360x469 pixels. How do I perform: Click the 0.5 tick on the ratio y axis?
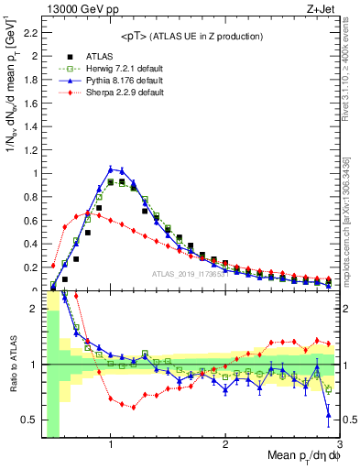(29, 420)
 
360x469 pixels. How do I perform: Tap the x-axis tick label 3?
(340, 445)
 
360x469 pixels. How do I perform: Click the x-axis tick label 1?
(111, 445)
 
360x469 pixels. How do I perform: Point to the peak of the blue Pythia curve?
(111, 169)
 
